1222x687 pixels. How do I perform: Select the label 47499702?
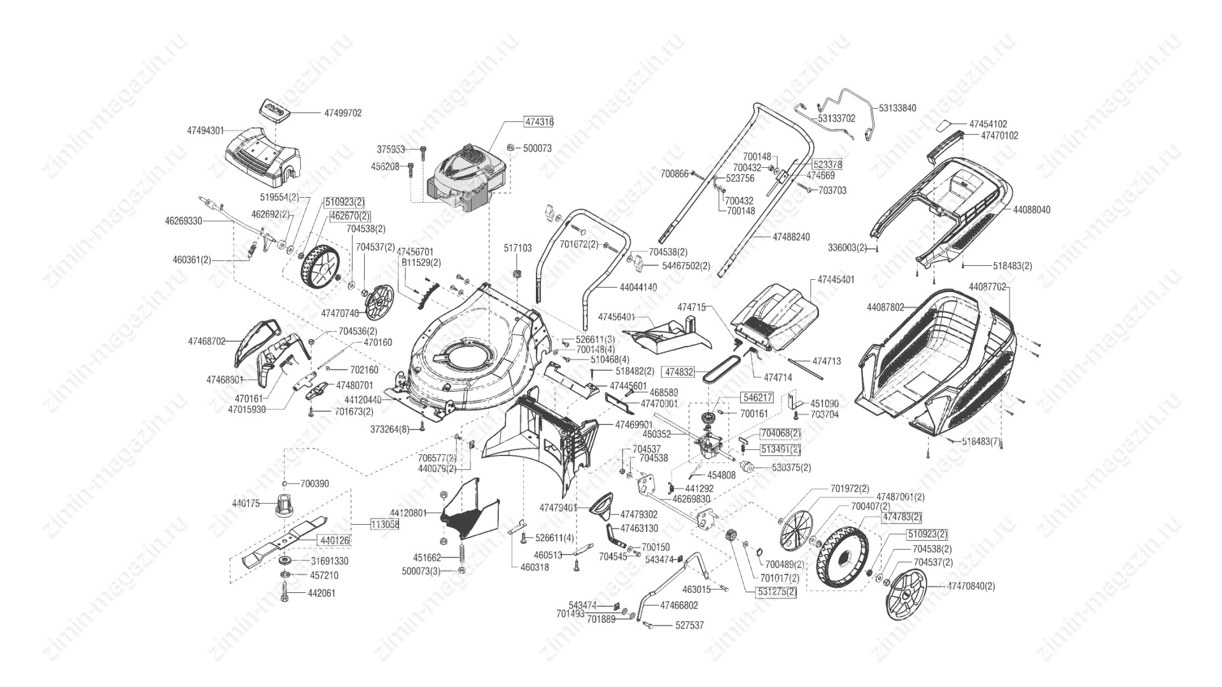(342, 113)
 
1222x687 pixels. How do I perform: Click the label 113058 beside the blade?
(385, 525)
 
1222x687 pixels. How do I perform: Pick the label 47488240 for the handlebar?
(791, 237)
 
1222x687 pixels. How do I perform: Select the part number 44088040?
(1031, 210)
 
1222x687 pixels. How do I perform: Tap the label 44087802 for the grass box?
(885, 307)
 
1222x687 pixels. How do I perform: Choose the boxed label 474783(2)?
(901, 517)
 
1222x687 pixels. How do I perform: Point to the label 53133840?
(897, 108)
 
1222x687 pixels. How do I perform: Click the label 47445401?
(836, 279)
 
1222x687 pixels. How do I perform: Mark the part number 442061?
(322, 593)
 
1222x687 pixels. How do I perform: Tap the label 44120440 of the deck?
(363, 400)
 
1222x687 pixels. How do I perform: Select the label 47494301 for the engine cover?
(206, 130)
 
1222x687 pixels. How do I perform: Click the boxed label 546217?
(757, 398)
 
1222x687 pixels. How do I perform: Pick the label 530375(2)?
(792, 468)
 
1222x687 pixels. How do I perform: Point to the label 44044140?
(638, 288)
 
